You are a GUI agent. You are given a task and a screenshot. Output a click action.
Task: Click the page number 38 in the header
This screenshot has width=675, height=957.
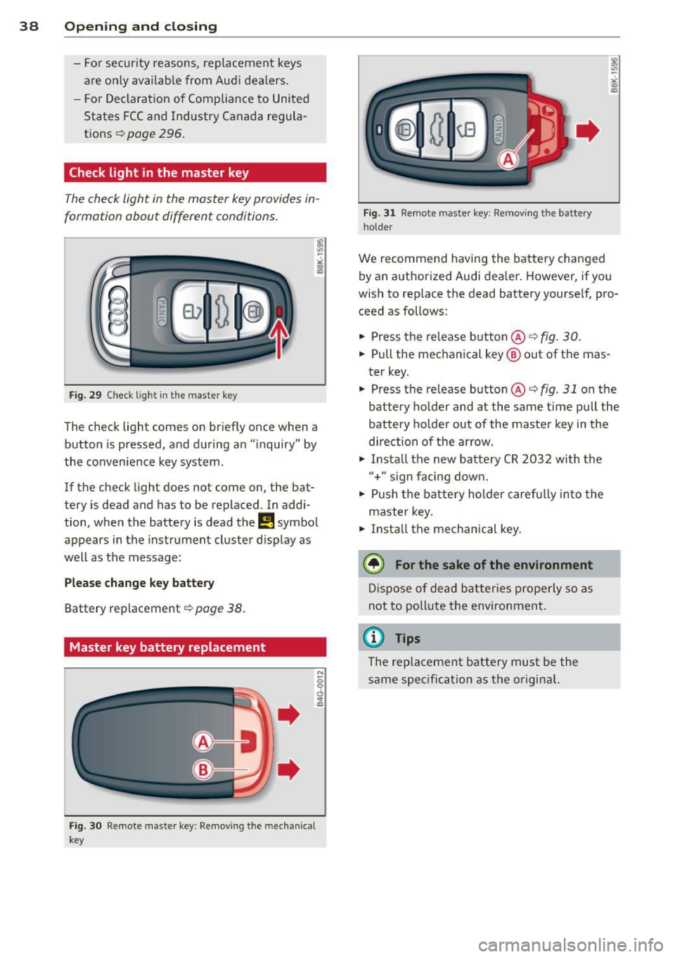29,27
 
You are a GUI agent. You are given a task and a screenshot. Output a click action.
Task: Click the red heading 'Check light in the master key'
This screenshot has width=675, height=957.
159,173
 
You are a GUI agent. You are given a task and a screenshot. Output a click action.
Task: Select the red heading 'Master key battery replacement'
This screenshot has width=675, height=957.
167,648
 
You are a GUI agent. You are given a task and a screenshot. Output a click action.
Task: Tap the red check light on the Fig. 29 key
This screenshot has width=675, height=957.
279,311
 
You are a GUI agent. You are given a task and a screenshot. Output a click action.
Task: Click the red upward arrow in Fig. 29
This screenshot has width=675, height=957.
279,338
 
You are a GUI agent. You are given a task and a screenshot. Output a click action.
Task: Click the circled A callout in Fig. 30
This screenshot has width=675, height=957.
202,741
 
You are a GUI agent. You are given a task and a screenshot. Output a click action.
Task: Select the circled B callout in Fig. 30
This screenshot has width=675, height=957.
202,770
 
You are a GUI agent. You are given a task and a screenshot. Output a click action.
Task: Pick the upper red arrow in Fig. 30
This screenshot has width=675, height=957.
288,714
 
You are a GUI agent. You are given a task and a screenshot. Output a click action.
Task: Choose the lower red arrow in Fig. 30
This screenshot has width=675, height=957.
288,769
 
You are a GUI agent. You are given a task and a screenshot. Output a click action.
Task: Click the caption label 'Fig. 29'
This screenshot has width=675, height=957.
85,395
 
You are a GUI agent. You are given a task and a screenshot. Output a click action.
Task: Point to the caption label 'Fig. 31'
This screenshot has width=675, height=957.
379,213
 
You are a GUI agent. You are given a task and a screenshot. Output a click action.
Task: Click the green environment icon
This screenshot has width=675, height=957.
373,564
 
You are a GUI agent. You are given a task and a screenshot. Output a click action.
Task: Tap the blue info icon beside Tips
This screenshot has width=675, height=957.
373,638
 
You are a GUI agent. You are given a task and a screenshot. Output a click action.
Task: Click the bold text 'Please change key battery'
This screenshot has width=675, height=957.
139,583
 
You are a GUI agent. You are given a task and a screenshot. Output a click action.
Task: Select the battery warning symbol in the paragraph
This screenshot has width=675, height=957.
266,522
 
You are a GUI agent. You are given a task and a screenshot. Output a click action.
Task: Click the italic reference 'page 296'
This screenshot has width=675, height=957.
155,134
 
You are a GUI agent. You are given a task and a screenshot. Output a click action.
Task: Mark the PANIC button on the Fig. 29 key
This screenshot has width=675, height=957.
161,311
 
